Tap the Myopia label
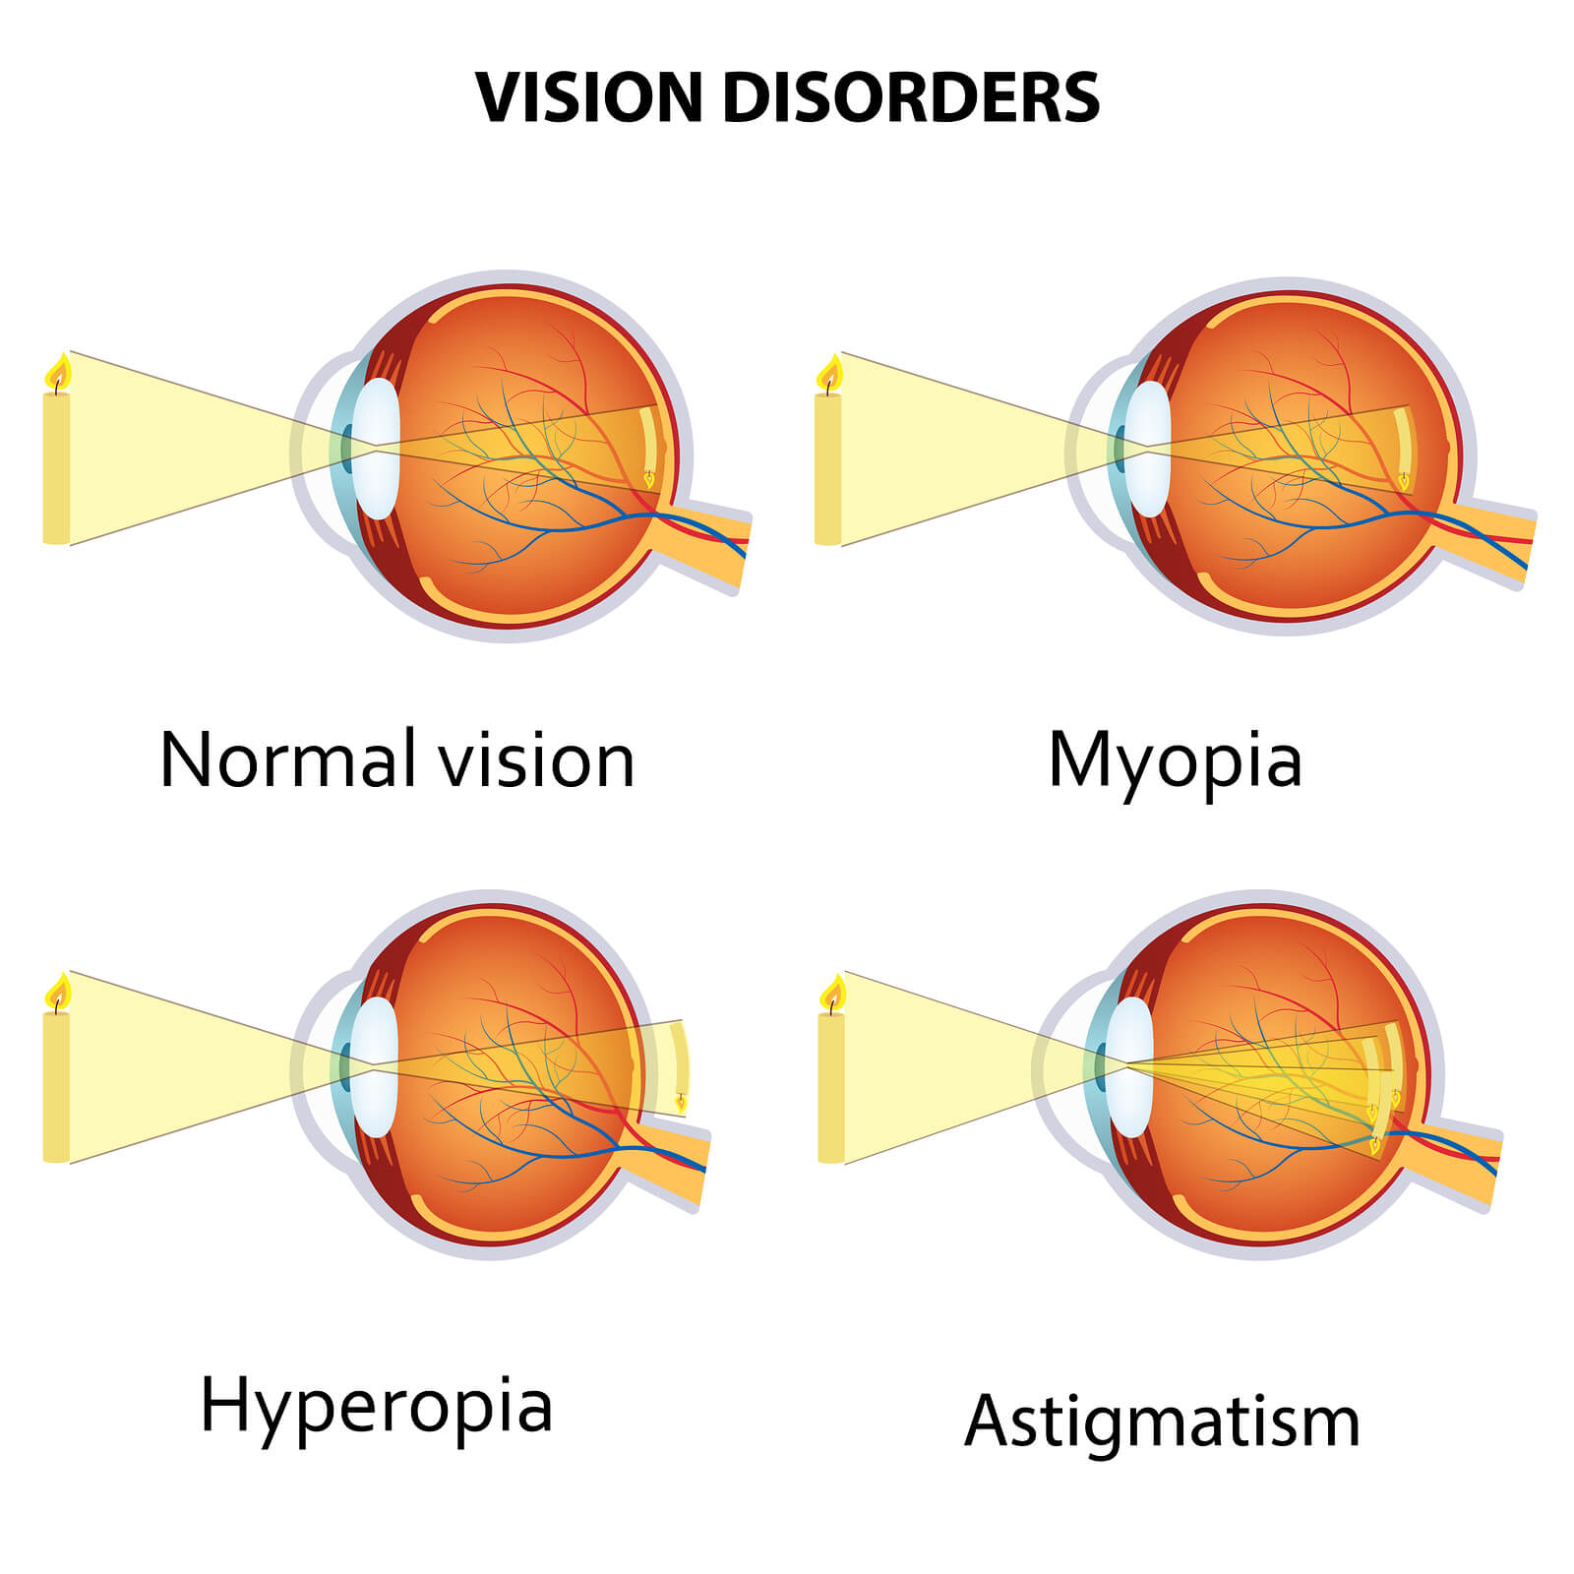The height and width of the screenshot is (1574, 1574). click(1176, 761)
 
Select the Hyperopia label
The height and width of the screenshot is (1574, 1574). click(377, 1407)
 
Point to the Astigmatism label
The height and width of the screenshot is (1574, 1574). click(1163, 1423)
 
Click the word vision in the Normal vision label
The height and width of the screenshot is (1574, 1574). click(537, 759)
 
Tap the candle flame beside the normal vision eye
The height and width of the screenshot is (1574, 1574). click(58, 372)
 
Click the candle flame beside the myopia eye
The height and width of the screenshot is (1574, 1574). click(830, 373)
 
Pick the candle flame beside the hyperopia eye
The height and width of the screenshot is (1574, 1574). click(59, 992)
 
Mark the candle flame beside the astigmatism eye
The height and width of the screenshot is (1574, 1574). click(833, 994)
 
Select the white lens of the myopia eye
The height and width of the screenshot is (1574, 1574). click(1148, 448)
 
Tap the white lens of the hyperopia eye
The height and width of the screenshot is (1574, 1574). click(375, 1067)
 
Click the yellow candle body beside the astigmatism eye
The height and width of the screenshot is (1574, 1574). click(831, 1088)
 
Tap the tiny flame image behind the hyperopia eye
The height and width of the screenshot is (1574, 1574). click(681, 1103)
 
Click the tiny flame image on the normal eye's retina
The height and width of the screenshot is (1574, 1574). click(649, 478)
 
